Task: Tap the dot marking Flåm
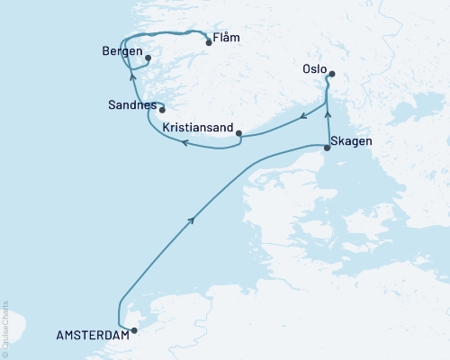209,42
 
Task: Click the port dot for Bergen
148,59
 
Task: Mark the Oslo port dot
332,75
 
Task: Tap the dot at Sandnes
162,111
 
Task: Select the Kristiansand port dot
238,134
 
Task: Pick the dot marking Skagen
327,148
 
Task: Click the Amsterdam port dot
135,330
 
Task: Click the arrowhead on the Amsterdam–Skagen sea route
192,220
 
